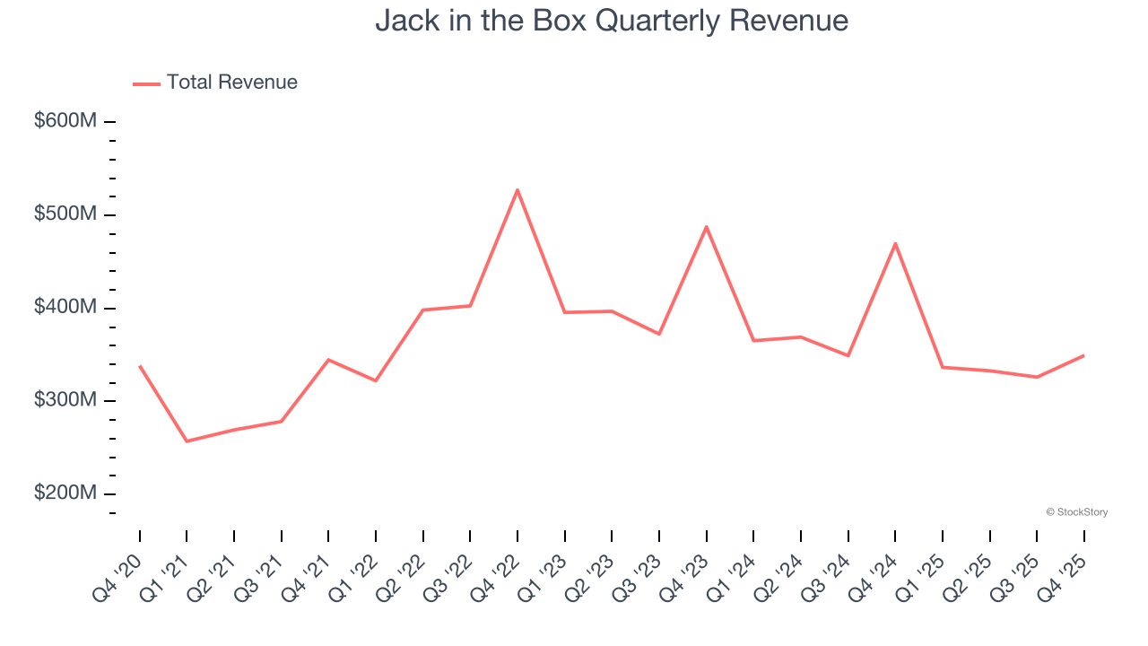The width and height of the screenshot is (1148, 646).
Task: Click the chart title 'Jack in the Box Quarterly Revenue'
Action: (x=612, y=21)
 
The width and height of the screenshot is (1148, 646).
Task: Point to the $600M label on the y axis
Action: (x=65, y=121)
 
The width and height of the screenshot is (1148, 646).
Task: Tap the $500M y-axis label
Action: (x=65, y=214)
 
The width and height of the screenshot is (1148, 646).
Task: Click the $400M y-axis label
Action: (x=65, y=308)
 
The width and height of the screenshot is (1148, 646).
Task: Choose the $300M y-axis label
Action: (x=65, y=400)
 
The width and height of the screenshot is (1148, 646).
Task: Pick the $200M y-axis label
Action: (x=65, y=493)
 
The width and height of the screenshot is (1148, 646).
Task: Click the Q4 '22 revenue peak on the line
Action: (x=517, y=190)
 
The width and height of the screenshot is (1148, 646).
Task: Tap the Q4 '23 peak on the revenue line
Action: (x=707, y=227)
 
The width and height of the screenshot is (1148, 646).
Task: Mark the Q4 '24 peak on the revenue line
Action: (x=895, y=243)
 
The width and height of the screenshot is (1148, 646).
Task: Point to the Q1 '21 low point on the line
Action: (x=187, y=441)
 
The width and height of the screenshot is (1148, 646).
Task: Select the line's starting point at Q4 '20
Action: (x=140, y=366)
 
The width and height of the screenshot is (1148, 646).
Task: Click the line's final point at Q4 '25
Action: (x=1083, y=356)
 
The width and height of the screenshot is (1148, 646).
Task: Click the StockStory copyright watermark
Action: (x=1076, y=512)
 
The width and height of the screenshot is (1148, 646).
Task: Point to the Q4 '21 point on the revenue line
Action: (x=328, y=360)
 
